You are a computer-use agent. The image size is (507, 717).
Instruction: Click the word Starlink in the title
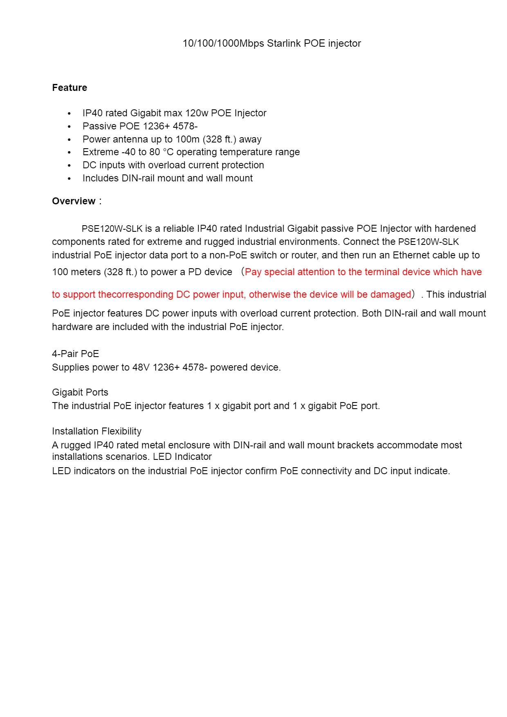coord(284,43)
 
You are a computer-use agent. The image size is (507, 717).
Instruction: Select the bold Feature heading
coord(70,88)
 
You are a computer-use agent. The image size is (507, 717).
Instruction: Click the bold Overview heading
coord(74,201)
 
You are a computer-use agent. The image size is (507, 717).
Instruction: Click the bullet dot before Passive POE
coord(70,127)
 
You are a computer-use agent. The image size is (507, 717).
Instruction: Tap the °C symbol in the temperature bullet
coord(168,152)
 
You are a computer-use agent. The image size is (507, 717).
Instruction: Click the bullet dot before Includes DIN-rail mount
coord(70,179)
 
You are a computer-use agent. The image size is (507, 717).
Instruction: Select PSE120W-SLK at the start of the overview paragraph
coord(112,228)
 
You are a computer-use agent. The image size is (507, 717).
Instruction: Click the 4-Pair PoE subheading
coord(75,354)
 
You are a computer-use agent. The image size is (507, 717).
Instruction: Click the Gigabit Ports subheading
coord(80,392)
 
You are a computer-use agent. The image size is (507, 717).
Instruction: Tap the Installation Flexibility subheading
coord(96,431)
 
